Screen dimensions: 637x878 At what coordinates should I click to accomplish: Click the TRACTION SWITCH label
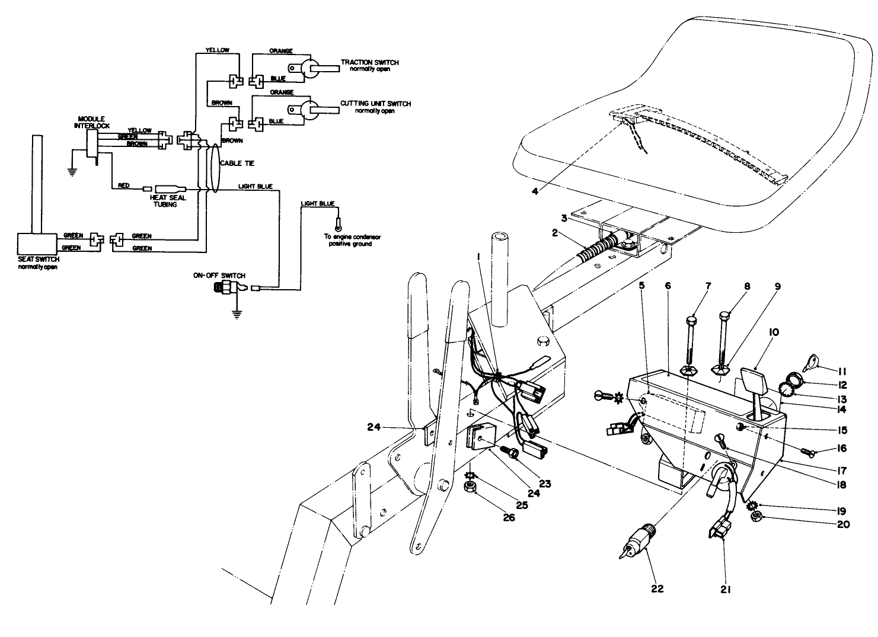(x=369, y=62)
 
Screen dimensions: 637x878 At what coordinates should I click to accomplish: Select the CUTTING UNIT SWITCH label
(x=375, y=104)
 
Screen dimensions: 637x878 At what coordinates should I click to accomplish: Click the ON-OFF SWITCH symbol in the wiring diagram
(x=229, y=289)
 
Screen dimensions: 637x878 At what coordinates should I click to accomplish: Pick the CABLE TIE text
(x=237, y=163)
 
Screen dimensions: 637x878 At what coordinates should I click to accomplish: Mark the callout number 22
(x=657, y=588)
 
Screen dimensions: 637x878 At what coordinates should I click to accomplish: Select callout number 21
(x=726, y=588)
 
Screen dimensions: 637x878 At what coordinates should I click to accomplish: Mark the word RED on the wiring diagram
(x=123, y=185)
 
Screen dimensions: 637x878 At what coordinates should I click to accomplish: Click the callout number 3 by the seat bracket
(x=564, y=218)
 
